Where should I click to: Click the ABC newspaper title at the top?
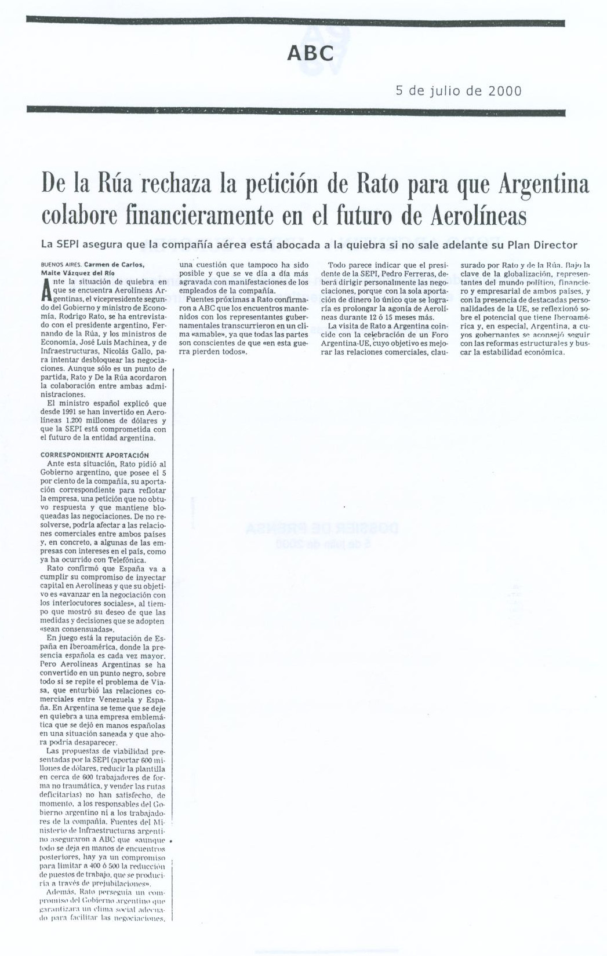click(310, 53)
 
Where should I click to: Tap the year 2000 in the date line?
click(504, 91)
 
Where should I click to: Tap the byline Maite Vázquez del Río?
click(78, 272)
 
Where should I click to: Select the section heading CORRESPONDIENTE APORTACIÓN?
click(94, 455)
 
